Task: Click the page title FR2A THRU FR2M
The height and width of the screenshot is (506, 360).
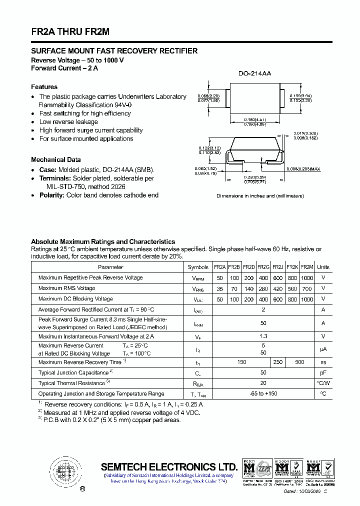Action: [x=70, y=31]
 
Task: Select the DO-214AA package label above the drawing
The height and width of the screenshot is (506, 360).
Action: [x=254, y=73]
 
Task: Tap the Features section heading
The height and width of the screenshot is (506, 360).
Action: [x=44, y=86]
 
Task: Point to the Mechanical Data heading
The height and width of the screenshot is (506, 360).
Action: [x=55, y=159]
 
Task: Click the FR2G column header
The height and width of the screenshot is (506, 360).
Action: [x=263, y=267]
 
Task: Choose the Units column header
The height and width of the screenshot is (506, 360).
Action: [x=323, y=267]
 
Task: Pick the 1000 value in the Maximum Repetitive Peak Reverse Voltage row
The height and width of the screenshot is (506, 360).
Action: [x=307, y=277]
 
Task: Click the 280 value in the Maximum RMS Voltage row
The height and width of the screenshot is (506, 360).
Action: [x=263, y=288]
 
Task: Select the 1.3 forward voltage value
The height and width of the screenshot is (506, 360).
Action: [x=263, y=336]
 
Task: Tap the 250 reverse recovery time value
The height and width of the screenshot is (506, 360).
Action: [x=278, y=362]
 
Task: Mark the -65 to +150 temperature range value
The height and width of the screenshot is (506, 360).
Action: [x=263, y=393]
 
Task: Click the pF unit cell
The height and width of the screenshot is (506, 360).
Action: [x=323, y=372]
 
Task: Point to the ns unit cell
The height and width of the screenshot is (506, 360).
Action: [x=323, y=362]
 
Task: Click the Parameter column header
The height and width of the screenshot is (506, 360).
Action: [x=110, y=267]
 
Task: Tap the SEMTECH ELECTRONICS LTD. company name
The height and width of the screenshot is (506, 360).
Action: [x=169, y=466]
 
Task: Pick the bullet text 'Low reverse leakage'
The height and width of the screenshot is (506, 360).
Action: [x=68, y=121]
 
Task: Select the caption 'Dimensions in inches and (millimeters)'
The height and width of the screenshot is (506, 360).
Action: [x=260, y=196]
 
